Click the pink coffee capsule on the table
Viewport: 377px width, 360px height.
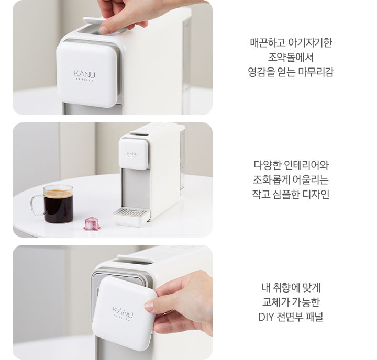point(92,224)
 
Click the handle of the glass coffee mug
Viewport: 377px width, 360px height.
point(36,205)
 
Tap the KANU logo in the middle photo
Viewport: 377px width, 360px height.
point(132,154)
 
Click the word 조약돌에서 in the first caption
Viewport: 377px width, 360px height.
point(291,57)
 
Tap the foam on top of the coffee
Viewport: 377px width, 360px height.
point(58,194)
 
